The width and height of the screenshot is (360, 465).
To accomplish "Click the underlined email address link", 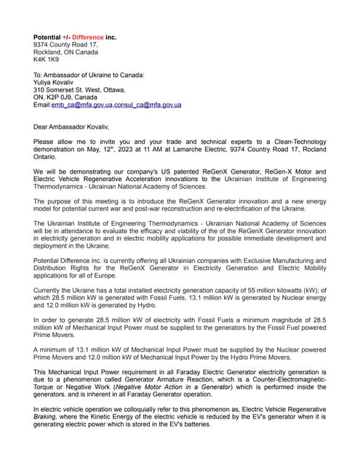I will pyautogui.click(x=116, y=105).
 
